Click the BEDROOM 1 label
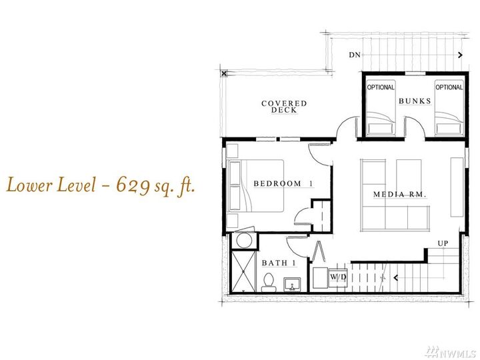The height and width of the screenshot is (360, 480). click(283, 183)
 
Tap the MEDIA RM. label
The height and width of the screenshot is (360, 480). click(400, 194)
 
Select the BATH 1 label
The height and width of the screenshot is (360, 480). click(279, 263)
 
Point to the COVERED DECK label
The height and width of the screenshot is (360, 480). click(284, 107)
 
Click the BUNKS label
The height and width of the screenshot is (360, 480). click(415, 101)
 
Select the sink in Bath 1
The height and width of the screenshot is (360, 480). click(291, 285)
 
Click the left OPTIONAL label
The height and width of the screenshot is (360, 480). click(381, 87)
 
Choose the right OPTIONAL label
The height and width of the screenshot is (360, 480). click(449, 87)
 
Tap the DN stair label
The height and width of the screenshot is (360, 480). click(354, 55)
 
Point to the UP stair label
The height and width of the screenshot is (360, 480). click(443, 242)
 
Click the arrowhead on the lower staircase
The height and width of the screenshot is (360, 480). click(396, 277)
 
